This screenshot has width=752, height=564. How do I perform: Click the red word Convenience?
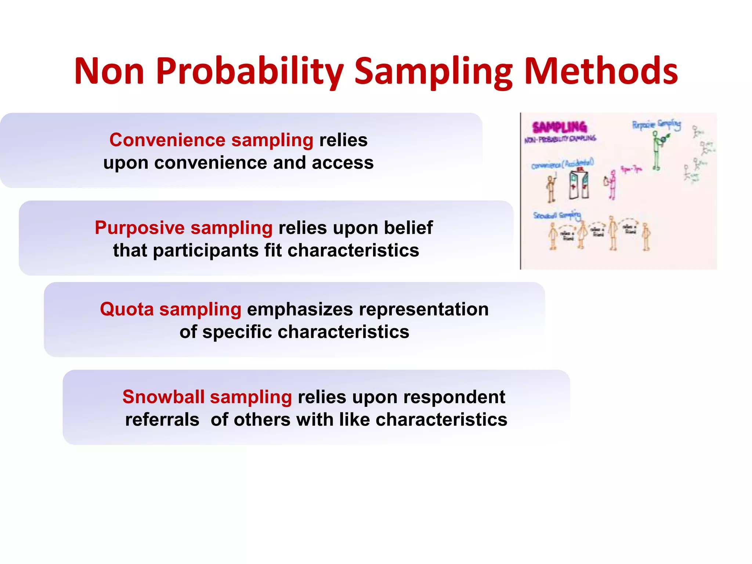[167, 140]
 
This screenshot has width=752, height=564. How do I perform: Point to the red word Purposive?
[140, 228]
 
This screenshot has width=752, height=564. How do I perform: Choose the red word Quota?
[127, 309]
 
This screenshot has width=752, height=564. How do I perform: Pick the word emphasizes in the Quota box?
[300, 309]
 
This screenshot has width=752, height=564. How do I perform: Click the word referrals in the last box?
[162, 420]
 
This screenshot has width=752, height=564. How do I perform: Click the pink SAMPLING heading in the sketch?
[560, 127]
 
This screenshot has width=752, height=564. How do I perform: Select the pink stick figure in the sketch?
[611, 185]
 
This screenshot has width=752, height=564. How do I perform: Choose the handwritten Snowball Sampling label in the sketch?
[557, 216]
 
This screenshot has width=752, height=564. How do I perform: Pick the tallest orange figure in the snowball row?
[613, 233]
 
